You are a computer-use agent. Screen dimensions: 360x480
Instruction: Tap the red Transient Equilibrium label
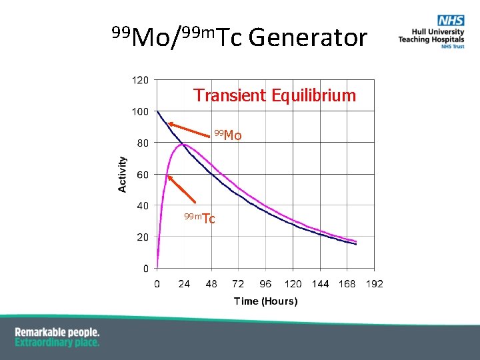[x=275, y=95]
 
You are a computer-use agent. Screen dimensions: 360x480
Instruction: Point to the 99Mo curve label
[x=228, y=136]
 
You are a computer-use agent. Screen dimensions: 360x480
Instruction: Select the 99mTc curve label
[x=200, y=218]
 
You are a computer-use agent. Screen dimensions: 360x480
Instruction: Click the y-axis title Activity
[x=123, y=175]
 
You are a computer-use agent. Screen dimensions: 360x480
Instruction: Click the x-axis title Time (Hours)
[x=265, y=301]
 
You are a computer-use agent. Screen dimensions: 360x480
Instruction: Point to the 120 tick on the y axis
[x=140, y=80]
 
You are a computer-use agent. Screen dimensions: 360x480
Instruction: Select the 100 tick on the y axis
[x=140, y=111]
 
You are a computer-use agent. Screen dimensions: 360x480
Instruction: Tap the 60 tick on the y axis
[x=143, y=175]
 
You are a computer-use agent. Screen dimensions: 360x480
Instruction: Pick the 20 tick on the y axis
[x=143, y=237]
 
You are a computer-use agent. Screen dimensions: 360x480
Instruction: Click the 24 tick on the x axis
[x=184, y=284]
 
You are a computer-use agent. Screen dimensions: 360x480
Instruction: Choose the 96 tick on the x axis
[x=266, y=284]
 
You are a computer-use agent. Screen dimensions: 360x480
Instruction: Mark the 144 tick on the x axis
[x=320, y=284]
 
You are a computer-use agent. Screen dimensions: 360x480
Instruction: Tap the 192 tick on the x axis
[x=375, y=284]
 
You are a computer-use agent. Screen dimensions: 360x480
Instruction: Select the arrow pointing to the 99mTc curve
[x=181, y=189]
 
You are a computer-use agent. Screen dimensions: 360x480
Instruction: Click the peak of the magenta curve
[x=185, y=144]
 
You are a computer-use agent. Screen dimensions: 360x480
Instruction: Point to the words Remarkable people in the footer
[x=57, y=332]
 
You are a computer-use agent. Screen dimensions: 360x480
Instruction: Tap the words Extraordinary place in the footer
[x=57, y=342]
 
